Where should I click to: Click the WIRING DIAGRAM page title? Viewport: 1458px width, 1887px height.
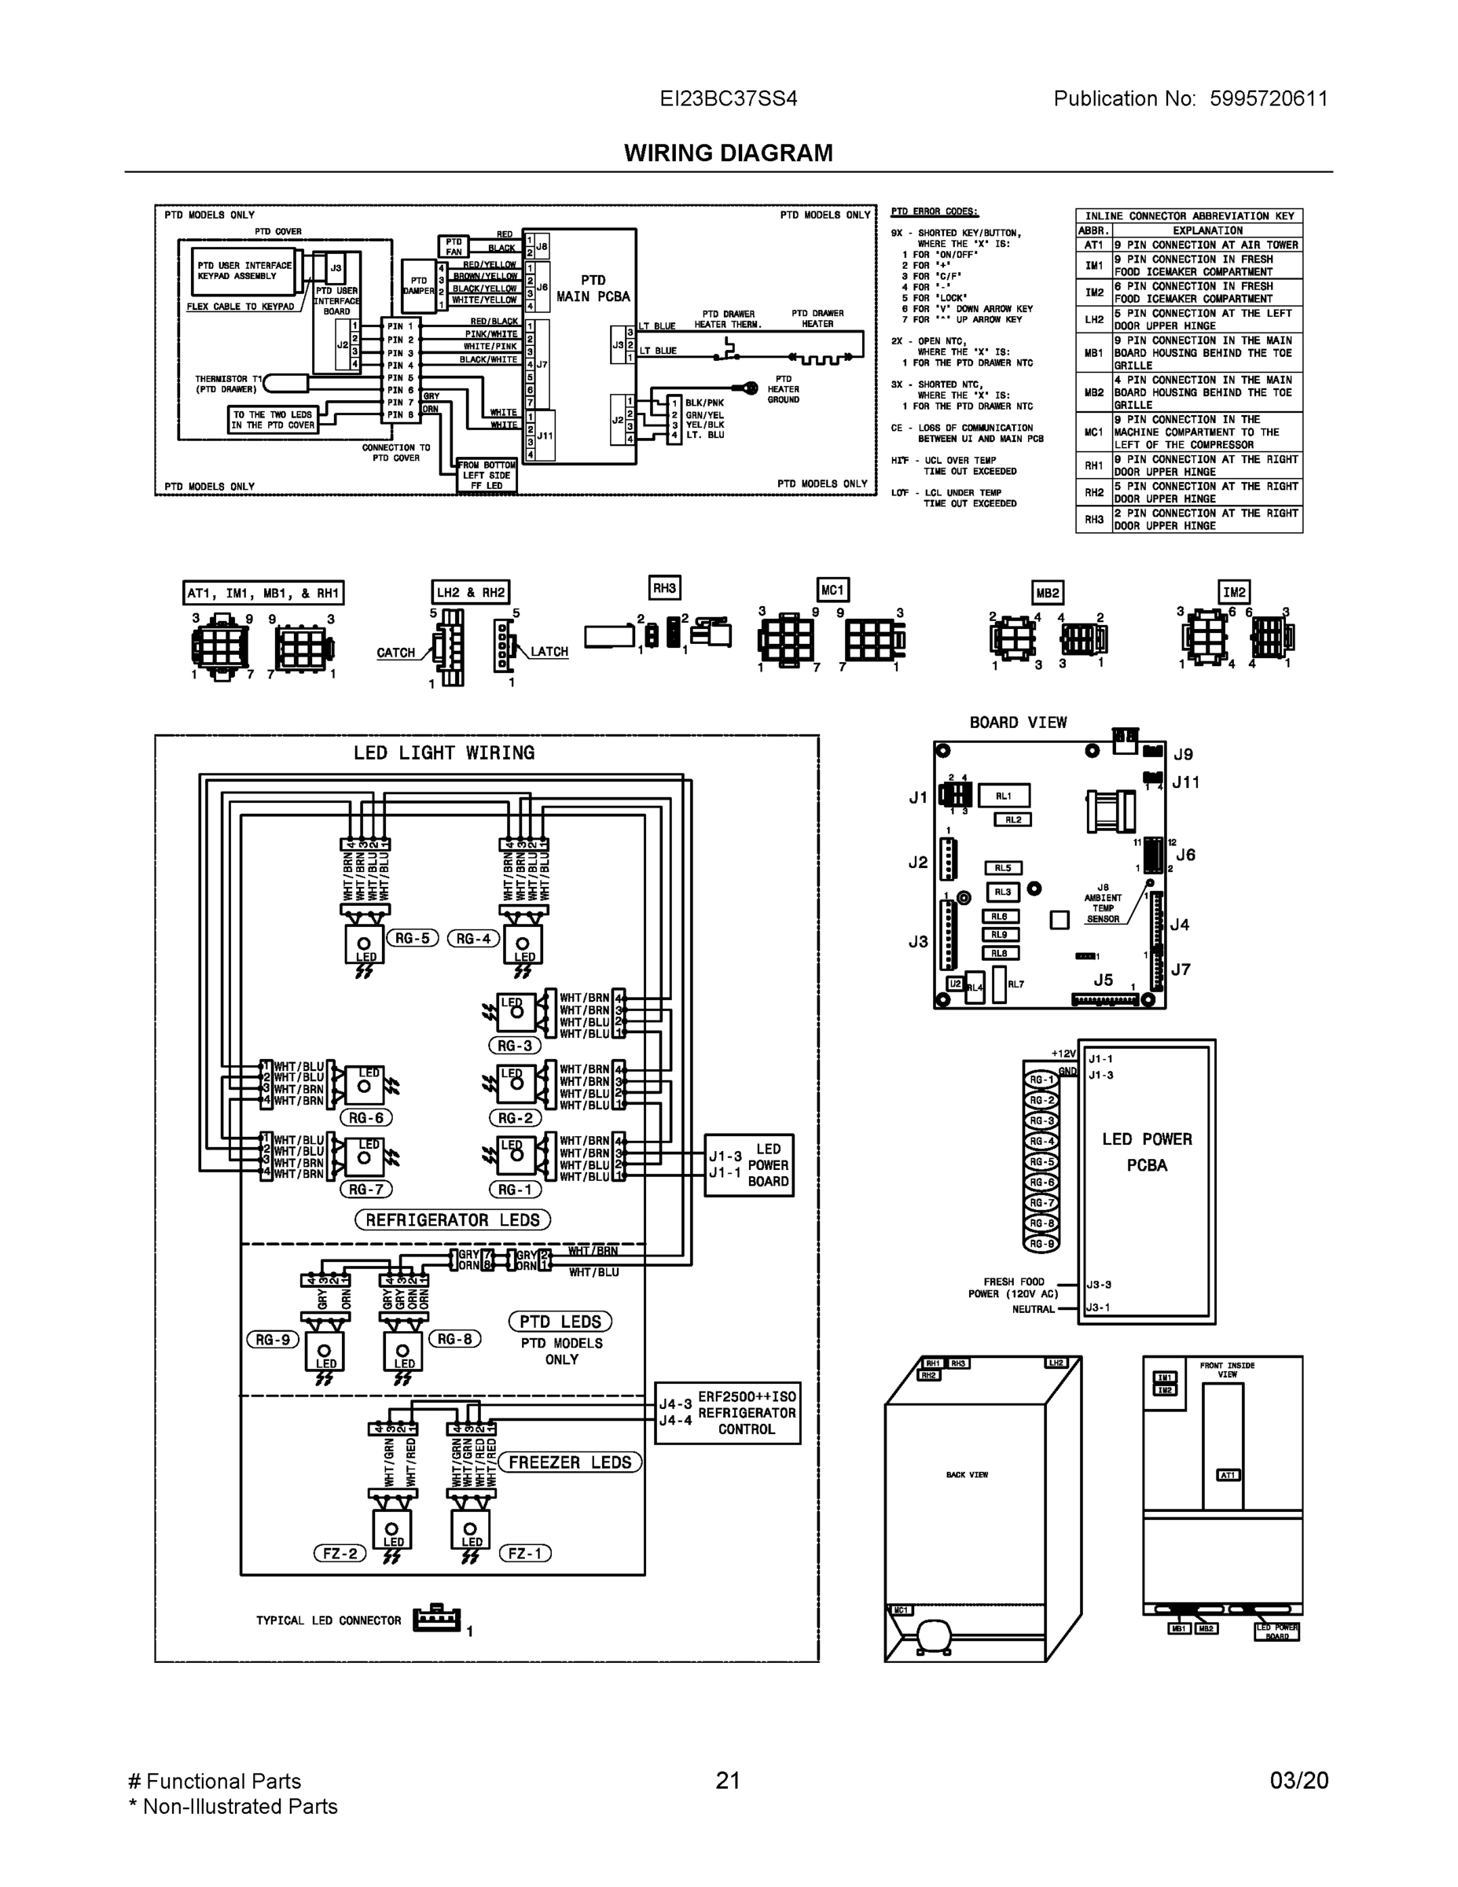728,153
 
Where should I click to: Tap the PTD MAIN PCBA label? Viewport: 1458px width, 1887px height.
593,289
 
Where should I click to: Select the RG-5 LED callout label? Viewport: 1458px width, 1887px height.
413,938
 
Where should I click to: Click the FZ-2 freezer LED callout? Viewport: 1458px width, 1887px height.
340,1553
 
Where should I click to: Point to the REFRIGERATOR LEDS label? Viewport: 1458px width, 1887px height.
453,1220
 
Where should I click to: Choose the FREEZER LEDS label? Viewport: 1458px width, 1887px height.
570,1462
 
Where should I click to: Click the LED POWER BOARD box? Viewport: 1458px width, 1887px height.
749,1164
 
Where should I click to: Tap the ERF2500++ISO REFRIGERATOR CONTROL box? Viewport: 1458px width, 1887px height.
727,1413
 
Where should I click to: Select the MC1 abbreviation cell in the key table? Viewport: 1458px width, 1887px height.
1093,432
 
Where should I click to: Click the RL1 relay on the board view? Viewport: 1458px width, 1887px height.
1003,796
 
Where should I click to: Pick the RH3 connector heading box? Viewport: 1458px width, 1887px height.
664,588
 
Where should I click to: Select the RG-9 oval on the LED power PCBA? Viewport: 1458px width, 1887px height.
1041,1244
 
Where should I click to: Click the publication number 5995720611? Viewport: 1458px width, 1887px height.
1268,98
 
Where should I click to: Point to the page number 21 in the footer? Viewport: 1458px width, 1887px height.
728,1780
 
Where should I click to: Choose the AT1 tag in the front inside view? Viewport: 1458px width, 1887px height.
1228,1475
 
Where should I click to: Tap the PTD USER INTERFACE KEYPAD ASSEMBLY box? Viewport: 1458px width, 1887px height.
244,270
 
